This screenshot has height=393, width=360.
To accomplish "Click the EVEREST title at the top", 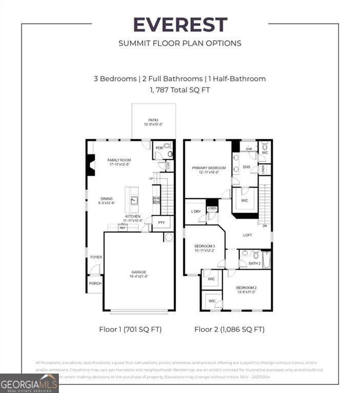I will coord(180,25).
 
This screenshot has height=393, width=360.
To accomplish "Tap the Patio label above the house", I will coord(154,122).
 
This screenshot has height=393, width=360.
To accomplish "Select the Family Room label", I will coord(119,162).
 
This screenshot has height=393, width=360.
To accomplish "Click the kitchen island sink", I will coord(133,200).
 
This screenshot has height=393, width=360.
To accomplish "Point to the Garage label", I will coord(138,274).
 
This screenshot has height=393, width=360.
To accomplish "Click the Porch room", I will coord(95,283).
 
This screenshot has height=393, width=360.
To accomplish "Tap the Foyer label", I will coord(96,257).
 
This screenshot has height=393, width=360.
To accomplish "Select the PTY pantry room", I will coord(162,223).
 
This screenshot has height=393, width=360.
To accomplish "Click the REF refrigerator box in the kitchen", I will coord(123,227).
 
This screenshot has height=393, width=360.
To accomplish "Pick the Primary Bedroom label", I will coord(208,170).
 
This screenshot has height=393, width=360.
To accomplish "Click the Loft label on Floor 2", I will coord(247,235).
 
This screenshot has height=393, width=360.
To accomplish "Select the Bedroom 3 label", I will coord(204,248).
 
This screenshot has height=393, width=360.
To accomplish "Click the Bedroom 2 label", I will coord(246,290).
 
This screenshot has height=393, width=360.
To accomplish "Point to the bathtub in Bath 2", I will coord(266,259).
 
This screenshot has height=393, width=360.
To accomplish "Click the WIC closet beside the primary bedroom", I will coord(244,201).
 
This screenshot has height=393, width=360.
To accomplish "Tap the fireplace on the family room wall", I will coord(91,165).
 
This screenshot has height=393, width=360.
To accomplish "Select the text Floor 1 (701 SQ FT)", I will coord(130,329).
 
